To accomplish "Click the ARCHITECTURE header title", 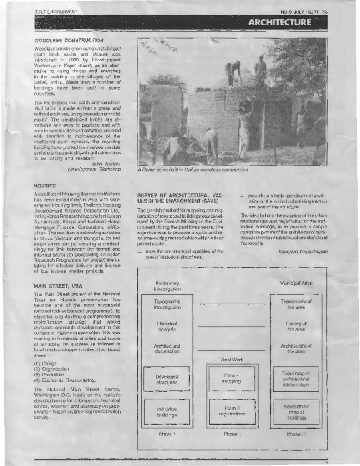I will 279,22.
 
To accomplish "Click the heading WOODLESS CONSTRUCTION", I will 69,41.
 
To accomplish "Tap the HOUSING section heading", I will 45,186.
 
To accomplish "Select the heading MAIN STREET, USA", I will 58,286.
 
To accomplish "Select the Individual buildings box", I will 167,412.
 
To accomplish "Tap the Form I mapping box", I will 232,379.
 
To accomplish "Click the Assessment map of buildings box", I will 296,412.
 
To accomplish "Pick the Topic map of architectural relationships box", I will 296,379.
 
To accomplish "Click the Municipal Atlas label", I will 296,283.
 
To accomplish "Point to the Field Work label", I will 232,360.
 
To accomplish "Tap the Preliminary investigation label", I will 167,286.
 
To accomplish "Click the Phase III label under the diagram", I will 296,434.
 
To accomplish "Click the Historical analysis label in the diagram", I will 167,326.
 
